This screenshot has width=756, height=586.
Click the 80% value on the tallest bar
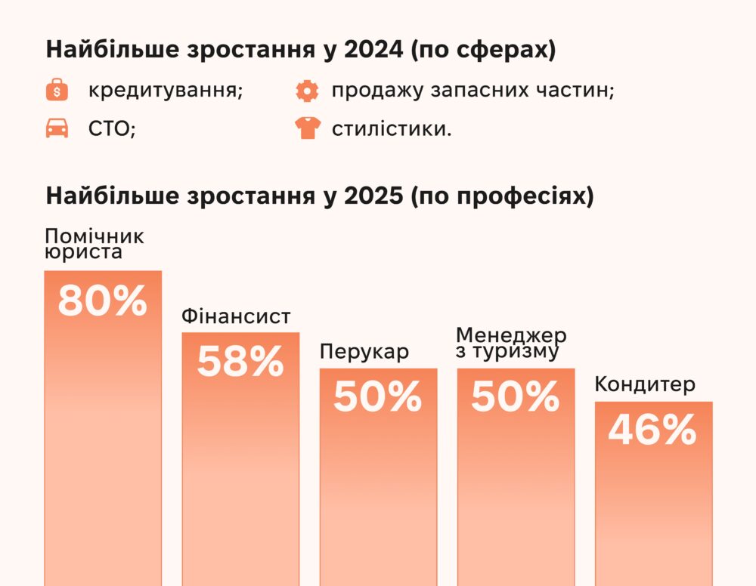pos(102,301)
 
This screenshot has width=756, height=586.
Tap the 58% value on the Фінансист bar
pos(240,362)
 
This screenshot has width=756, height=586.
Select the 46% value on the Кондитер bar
pos(652,431)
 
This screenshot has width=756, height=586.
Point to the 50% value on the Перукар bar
pos(377,397)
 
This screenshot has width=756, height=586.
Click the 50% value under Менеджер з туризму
pos(516,397)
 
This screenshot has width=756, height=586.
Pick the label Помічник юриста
pos(94,243)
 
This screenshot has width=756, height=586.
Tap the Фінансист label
pos(236,316)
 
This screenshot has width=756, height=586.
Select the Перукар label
pos(364,352)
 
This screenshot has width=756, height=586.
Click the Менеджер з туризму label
pos(512,344)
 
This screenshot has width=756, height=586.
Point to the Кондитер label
pos(645,384)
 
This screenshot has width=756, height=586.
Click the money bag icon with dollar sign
pos(57,91)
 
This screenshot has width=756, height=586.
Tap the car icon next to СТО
pos(57,129)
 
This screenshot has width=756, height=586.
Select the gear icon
pos(308,91)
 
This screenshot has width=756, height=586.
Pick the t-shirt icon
pos(308,129)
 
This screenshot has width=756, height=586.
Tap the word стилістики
pos(391,129)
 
